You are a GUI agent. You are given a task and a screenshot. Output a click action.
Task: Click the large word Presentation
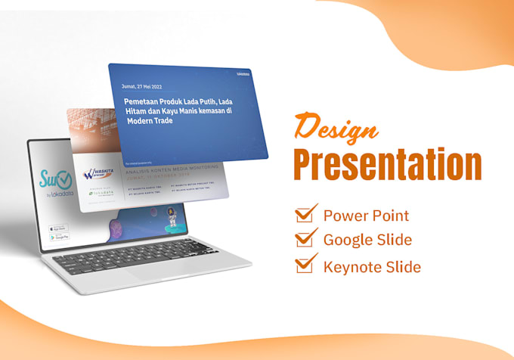pyautogui.click(x=387, y=164)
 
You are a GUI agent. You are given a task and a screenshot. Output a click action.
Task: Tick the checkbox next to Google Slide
pyautogui.click(x=305, y=239)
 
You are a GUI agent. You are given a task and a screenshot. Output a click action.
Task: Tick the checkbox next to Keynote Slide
pyautogui.click(x=305, y=265)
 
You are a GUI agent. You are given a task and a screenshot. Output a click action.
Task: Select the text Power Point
pyautogui.click(x=366, y=216)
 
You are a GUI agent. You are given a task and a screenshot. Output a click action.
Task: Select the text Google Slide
pyautogui.click(x=367, y=241)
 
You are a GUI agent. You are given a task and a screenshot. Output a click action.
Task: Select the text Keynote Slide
pyautogui.click(x=372, y=266)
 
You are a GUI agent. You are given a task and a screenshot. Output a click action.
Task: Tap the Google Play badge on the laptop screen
pyautogui.click(x=58, y=237)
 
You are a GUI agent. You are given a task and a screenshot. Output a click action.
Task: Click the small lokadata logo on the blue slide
pyautogui.click(x=242, y=75)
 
